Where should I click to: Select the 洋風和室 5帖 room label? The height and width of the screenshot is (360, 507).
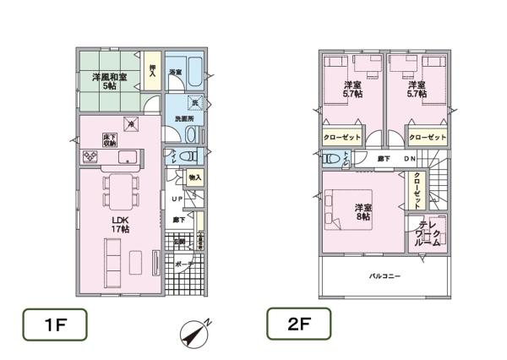(110, 81)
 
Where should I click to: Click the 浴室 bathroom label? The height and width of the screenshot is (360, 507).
(175, 72)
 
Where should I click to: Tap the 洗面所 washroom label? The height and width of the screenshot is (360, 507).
(184, 119)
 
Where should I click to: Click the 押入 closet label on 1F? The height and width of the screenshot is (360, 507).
(153, 70)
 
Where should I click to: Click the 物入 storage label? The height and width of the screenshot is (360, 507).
(194, 177)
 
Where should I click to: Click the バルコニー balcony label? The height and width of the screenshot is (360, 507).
(383, 276)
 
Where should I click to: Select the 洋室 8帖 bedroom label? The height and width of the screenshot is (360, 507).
(363, 212)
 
